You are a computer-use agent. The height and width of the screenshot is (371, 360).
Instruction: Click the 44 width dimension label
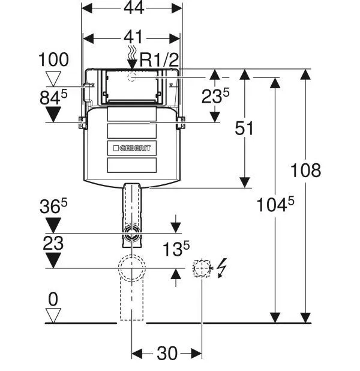(134, 8)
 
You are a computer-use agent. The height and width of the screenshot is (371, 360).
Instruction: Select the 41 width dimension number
(134, 37)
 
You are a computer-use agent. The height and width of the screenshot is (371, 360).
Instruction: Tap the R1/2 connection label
(159, 60)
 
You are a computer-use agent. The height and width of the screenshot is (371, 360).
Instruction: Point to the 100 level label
(53, 59)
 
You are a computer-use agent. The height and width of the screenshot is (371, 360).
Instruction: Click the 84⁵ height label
(53, 97)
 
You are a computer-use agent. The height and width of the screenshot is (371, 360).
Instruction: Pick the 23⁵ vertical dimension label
(215, 96)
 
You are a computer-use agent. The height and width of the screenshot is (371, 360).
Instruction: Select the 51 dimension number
(244, 128)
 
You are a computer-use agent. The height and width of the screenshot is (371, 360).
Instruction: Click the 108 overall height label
(305, 170)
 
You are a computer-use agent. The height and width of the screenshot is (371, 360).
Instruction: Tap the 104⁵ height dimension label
(275, 205)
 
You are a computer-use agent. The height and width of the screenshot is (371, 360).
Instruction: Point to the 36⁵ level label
(53, 206)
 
